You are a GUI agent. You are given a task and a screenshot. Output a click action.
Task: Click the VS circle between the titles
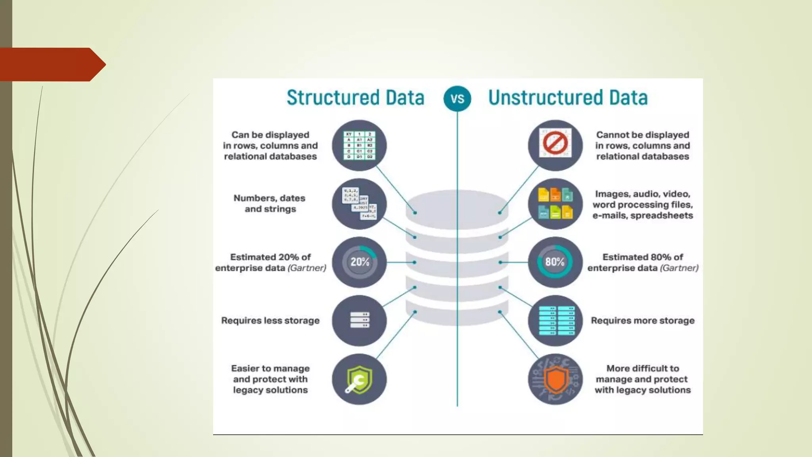[x=457, y=98]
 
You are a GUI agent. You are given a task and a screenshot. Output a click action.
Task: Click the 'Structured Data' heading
[x=355, y=98]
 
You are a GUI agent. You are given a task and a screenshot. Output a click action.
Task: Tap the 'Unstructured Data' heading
[x=568, y=98]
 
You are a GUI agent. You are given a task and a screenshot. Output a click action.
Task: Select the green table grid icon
[x=359, y=146]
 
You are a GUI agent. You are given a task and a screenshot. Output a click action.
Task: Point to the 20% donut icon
[x=359, y=262]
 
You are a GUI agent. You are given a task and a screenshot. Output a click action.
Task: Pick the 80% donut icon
[x=555, y=262]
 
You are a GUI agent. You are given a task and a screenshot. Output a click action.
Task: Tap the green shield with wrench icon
[x=359, y=379]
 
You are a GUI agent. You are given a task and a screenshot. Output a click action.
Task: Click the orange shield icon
[x=555, y=379]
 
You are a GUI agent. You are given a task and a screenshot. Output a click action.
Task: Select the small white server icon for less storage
[x=359, y=320]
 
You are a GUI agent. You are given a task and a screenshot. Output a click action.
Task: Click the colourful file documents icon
[x=555, y=204]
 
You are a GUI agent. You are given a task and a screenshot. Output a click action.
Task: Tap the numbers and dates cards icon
[x=359, y=204]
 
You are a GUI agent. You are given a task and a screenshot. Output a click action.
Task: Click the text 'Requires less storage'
[x=270, y=321]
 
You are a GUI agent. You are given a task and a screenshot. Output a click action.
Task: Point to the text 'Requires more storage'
[x=643, y=321]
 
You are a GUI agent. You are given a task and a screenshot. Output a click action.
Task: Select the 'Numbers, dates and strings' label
[x=270, y=204]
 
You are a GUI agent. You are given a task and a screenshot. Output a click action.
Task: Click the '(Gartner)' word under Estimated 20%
[x=307, y=268]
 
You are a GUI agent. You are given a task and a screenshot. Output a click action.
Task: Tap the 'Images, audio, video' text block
[x=643, y=205]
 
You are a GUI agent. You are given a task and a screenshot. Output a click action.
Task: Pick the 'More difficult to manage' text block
[x=642, y=379]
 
